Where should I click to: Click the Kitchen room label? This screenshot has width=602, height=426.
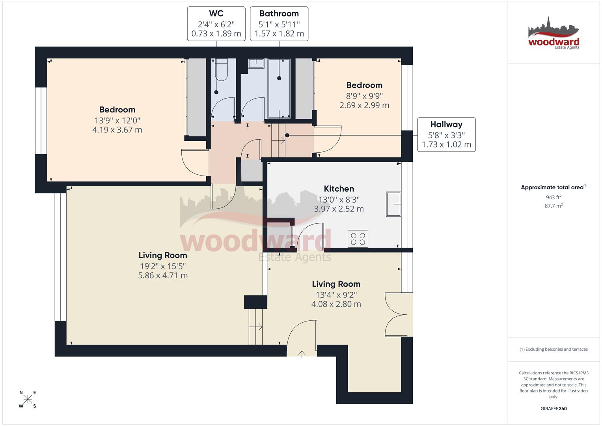click(339, 189)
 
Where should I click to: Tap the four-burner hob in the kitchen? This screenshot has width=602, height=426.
click(358, 239)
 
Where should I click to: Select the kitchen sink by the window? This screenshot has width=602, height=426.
click(393, 204)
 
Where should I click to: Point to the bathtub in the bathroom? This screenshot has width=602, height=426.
click(279, 88)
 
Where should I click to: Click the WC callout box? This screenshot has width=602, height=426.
click(216, 24)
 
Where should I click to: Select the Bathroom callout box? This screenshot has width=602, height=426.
click(279, 24)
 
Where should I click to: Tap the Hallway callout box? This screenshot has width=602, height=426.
click(446, 135)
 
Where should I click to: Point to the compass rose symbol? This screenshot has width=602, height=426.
click(28, 399)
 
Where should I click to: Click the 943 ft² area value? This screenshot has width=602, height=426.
click(554, 197)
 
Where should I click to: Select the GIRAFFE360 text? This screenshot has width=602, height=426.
click(554, 409)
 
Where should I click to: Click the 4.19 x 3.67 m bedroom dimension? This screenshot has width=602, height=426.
click(117, 130)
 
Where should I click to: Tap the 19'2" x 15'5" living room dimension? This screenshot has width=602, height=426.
click(163, 266)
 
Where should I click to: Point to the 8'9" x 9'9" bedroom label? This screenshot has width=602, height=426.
click(364, 95)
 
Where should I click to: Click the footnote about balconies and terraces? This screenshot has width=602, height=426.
click(554, 349)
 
